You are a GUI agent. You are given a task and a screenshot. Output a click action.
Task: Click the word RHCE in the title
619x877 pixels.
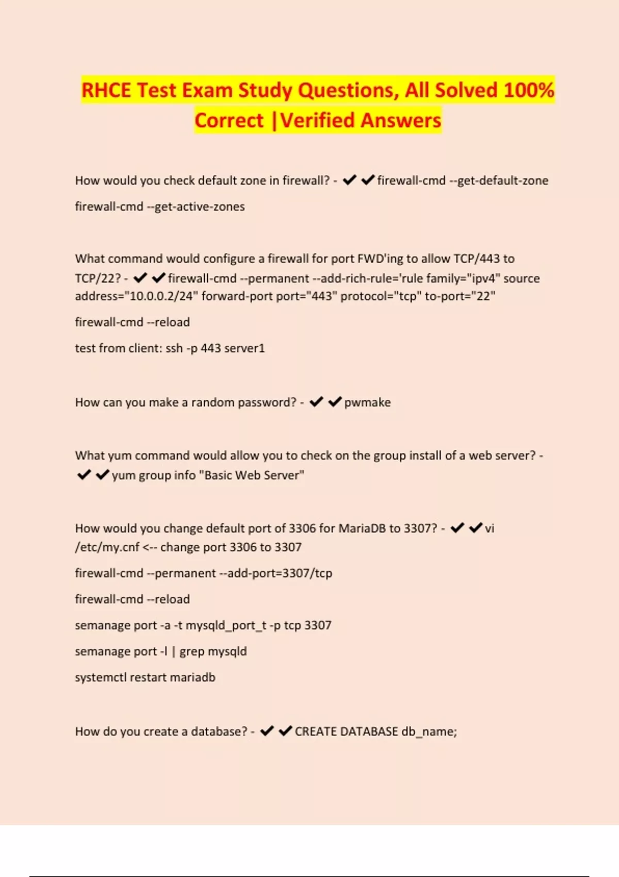coord(106,90)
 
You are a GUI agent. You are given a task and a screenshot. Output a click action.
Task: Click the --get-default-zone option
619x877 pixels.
coord(498,181)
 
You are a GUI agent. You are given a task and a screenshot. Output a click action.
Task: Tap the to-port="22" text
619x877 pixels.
coord(460,296)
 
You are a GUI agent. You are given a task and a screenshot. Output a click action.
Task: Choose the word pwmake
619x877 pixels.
coord(367,402)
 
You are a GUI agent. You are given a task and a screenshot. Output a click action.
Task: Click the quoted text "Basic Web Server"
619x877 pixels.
coord(254,475)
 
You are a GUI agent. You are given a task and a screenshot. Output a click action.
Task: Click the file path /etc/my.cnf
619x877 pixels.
coord(107,547)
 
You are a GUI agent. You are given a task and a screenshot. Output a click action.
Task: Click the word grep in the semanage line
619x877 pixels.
coord(191,652)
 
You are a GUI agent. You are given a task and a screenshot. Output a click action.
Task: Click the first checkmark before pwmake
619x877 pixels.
coord(316,402)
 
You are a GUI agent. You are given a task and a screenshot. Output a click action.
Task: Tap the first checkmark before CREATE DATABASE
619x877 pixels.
coord(267,731)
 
